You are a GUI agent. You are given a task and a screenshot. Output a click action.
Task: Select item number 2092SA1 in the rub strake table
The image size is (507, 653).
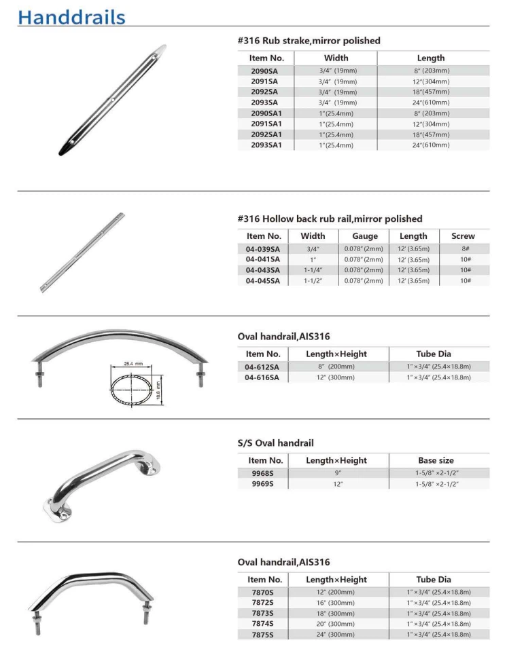click(x=267, y=134)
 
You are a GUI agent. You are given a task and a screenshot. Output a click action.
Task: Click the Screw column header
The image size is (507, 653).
click(x=462, y=236)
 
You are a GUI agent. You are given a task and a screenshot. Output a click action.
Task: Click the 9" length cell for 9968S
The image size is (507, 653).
click(x=338, y=472)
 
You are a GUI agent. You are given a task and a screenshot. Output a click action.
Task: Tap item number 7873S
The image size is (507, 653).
click(x=262, y=613)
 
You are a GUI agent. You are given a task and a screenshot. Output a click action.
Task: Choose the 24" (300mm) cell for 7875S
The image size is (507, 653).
click(x=338, y=635)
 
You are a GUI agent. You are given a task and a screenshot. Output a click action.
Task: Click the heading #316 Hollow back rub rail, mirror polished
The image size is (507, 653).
click(x=330, y=219)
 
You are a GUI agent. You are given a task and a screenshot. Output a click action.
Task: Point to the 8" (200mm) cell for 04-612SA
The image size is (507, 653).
click(x=338, y=367)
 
